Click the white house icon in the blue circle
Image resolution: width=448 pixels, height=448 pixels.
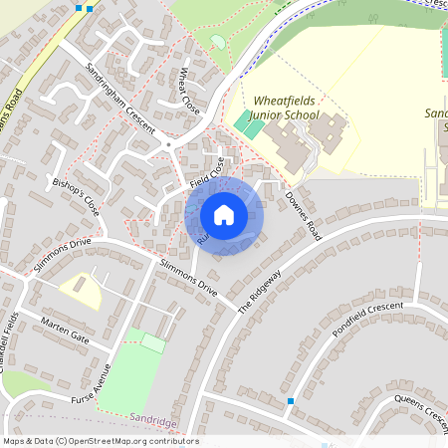coord(224,214)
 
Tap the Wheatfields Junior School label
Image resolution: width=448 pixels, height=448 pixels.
coord(286,109)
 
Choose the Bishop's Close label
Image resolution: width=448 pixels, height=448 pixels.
coord(77,198)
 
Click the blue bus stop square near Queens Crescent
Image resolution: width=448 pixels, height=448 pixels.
coord(291,401)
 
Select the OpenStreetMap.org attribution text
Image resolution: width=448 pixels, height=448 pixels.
coord(100,441)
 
